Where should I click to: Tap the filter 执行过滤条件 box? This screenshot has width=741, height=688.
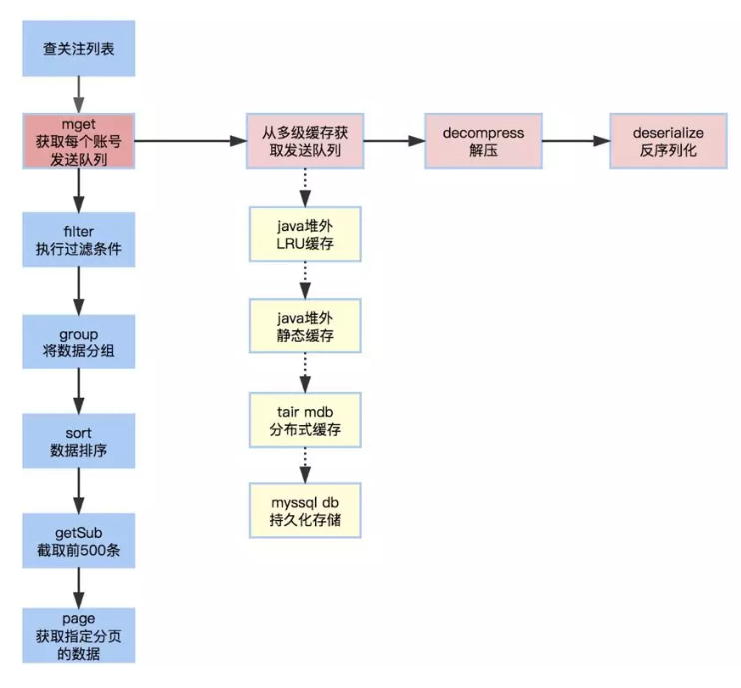pos(78,241)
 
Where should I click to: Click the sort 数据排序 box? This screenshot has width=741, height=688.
pos(78,438)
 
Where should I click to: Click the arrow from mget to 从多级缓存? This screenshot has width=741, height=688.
pos(190,141)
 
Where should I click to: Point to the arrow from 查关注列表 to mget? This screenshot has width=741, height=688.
pos(78,96)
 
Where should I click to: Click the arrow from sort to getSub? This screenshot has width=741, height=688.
pos(78,488)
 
